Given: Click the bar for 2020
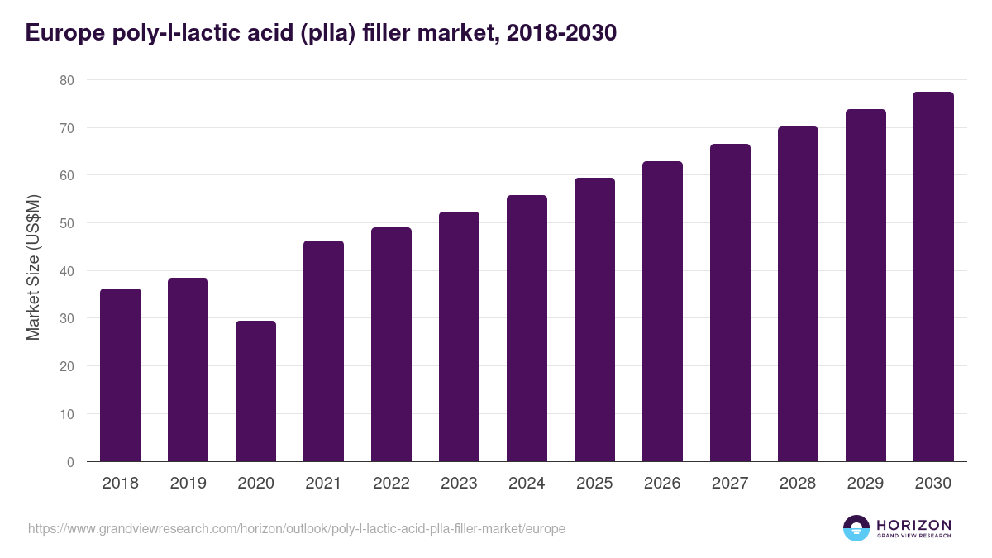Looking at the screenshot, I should (x=255, y=391).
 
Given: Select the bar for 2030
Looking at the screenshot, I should (x=933, y=277).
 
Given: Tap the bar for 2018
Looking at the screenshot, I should (x=121, y=374).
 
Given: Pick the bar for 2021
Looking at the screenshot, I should (x=323, y=351).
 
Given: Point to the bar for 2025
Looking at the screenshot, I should (x=594, y=320).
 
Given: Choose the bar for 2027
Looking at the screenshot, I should (x=730, y=303).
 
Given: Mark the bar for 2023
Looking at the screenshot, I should (x=459, y=336).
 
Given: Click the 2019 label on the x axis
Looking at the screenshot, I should (x=188, y=484).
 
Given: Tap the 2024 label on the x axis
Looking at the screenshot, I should (x=527, y=484).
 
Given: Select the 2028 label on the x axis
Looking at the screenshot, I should (x=798, y=484).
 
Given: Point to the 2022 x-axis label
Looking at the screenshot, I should (x=391, y=484).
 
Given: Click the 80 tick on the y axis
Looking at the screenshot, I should (x=66, y=80).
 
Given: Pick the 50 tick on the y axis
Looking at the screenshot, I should (x=66, y=223).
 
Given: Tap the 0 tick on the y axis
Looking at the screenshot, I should (x=70, y=462).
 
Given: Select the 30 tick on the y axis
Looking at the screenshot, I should (x=66, y=319).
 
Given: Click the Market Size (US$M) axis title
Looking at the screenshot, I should (x=33, y=267).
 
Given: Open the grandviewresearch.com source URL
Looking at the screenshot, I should (x=297, y=528).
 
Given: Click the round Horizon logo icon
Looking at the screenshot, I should (x=856, y=528).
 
